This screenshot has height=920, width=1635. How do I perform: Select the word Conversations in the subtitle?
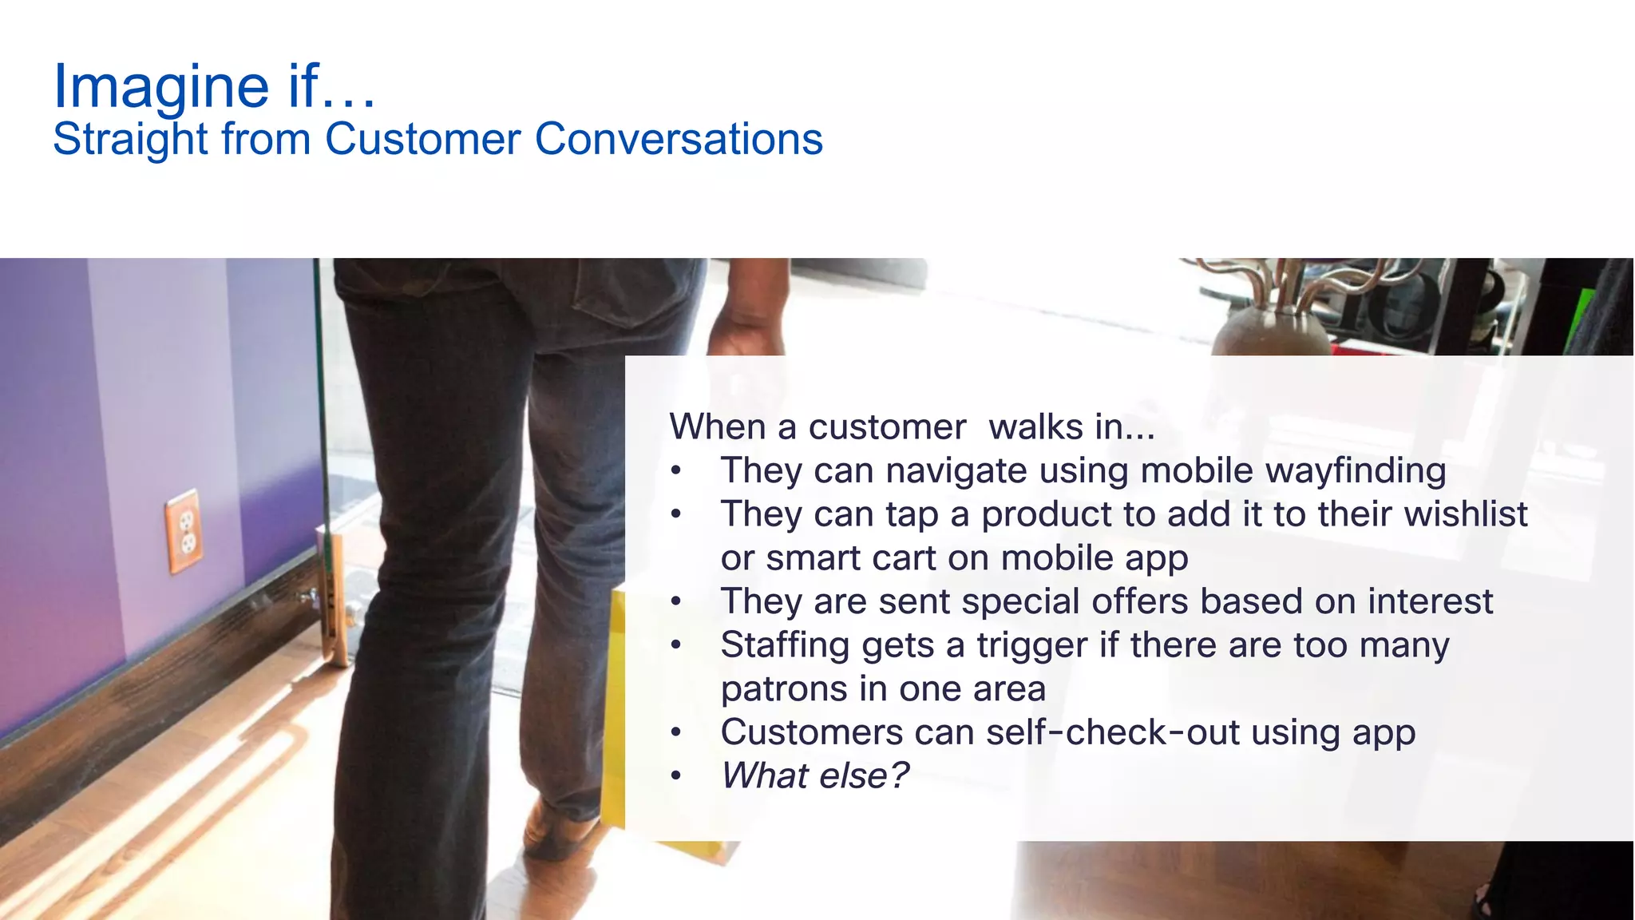(x=679, y=139)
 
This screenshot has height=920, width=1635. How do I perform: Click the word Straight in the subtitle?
(x=130, y=139)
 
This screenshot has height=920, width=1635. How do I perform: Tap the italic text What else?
(x=814, y=776)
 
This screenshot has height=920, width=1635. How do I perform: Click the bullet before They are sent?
(x=676, y=601)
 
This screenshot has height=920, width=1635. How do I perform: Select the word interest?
(x=1429, y=601)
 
